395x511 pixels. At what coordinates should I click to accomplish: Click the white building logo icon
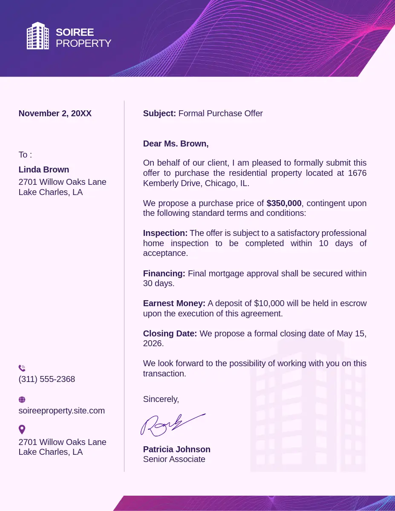pos(37,36)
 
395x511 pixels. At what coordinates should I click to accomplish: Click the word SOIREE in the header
pos(75,32)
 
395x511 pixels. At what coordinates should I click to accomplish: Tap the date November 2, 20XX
pos(55,113)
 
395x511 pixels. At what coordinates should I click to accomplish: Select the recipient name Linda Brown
pos(44,169)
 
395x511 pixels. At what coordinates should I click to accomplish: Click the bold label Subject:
pos(159,113)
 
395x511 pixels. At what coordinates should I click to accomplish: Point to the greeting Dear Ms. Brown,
pos(176,144)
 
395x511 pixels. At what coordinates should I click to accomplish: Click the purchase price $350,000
pos(284,203)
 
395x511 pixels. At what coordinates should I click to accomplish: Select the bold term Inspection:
pos(165,233)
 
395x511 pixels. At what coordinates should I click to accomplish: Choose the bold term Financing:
pos(164,273)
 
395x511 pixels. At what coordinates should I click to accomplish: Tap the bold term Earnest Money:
pos(174,303)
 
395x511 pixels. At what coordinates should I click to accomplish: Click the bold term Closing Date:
pos(170,333)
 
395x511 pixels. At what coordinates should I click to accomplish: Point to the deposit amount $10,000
pos(269,303)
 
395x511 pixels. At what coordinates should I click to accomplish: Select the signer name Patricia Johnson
pos(177,449)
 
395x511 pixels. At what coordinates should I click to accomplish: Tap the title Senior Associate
pos(174,459)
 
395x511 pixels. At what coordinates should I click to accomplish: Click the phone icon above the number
pos(22,368)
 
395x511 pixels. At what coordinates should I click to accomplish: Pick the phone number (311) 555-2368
pos(47,379)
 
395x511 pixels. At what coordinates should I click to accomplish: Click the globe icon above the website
pos(22,400)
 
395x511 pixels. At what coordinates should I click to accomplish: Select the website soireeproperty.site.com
pos(62,411)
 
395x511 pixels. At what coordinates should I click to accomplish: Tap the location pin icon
pos(22,429)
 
